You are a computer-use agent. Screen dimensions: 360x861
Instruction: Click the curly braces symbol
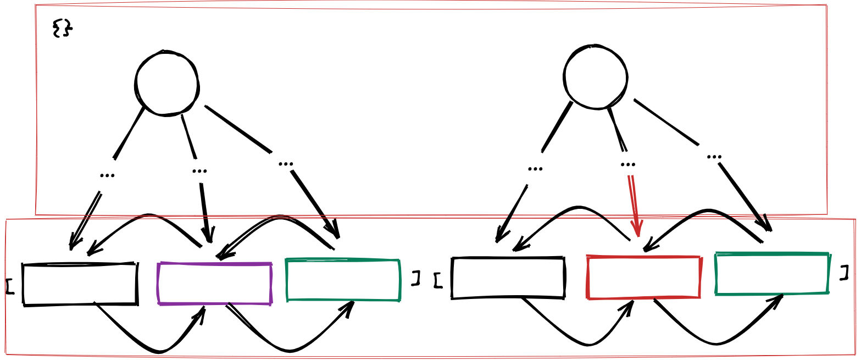tap(62, 28)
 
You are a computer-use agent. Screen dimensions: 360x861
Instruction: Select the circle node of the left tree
tap(166, 84)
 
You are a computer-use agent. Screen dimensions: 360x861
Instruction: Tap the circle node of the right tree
tap(595, 76)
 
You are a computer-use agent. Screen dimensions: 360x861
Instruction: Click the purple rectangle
tap(215, 284)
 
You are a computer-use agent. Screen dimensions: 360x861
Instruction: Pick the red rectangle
tap(643, 278)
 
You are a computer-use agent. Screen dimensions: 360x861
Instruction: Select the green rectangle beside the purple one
tap(343, 280)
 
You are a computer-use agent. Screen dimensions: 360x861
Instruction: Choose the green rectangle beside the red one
tap(772, 274)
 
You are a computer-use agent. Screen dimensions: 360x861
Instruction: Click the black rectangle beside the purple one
tap(80, 284)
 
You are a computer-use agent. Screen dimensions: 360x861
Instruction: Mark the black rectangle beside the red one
tap(508, 278)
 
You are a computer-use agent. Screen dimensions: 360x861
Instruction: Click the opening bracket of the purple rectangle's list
tap(9, 286)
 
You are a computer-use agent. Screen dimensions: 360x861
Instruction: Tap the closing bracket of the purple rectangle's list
tap(416, 278)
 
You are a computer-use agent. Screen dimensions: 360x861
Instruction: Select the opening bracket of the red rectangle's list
tap(438, 280)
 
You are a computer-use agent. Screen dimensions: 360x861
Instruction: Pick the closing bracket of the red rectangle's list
tap(845, 273)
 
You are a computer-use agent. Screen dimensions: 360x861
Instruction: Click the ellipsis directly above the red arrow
tap(627, 164)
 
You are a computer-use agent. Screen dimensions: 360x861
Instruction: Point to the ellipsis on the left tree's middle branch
tap(199, 170)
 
